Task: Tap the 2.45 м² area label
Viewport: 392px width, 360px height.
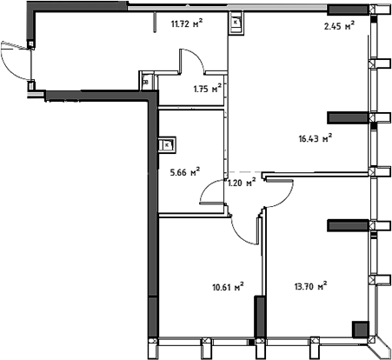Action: click(x=337, y=26)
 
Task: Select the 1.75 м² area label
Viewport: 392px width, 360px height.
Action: click(x=207, y=87)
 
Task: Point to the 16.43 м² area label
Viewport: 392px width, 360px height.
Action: click(x=316, y=137)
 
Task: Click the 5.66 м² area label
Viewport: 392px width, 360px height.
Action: click(x=185, y=170)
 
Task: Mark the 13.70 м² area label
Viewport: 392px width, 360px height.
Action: click(x=309, y=284)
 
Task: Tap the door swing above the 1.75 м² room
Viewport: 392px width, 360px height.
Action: click(x=192, y=63)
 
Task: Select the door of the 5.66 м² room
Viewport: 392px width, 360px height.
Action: click(x=212, y=190)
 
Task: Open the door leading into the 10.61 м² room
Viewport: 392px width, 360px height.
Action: click(x=245, y=228)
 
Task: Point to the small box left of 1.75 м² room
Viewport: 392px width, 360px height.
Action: click(x=146, y=83)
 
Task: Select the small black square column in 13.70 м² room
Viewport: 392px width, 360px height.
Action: click(x=358, y=328)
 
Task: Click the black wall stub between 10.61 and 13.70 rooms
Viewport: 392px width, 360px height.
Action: click(x=258, y=317)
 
